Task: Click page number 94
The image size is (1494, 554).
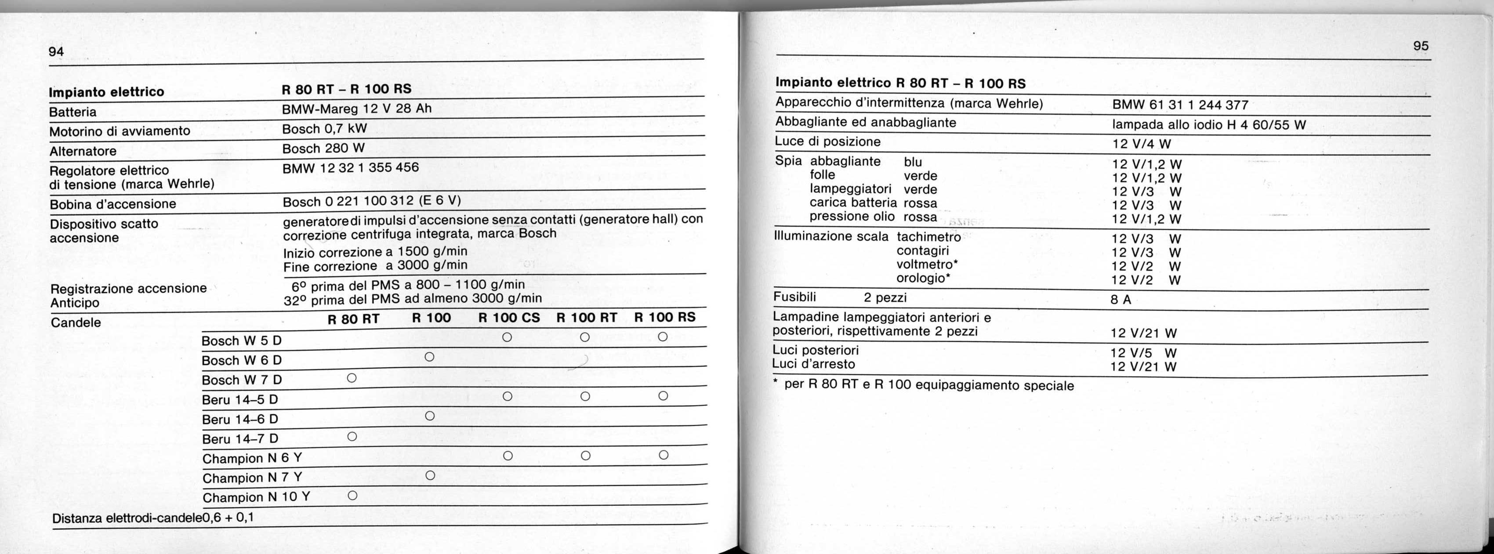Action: tap(56, 52)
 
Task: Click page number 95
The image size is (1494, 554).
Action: tap(1420, 46)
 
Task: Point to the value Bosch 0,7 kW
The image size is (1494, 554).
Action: tap(324, 129)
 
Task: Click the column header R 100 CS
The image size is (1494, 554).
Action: tap(509, 318)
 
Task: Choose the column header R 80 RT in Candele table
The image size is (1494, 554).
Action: tap(353, 319)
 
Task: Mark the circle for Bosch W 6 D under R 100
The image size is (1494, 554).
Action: tap(429, 357)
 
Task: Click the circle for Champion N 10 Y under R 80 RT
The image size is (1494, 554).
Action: tap(352, 496)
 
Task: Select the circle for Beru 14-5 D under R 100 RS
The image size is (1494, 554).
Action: tap(664, 396)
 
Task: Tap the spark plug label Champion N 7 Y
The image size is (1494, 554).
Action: tap(252, 478)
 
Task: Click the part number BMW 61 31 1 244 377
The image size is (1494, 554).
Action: tap(1180, 105)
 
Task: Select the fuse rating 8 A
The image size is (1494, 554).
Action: tap(1120, 300)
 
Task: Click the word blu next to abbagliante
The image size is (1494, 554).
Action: tap(912, 162)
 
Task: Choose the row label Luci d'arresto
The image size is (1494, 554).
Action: tap(814, 364)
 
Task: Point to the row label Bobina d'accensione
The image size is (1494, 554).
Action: tap(112, 204)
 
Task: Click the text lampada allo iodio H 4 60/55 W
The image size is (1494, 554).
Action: tap(1209, 125)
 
